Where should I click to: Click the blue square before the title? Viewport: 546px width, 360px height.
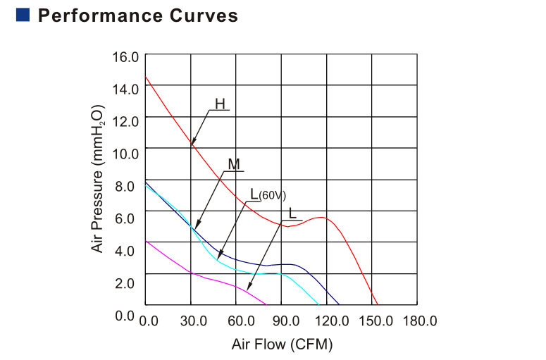coord(22,15)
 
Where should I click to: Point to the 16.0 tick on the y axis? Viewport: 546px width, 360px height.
coord(127,56)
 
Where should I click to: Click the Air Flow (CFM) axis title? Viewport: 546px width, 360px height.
coord(282,345)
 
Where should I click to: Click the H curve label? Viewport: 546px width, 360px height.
coord(220,104)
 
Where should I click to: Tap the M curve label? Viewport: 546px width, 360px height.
coord(234,164)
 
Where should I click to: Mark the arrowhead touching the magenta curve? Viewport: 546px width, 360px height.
coord(249,288)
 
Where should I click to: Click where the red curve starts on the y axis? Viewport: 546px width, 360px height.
coord(145,77)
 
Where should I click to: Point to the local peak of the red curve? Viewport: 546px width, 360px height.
coord(321,217)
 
